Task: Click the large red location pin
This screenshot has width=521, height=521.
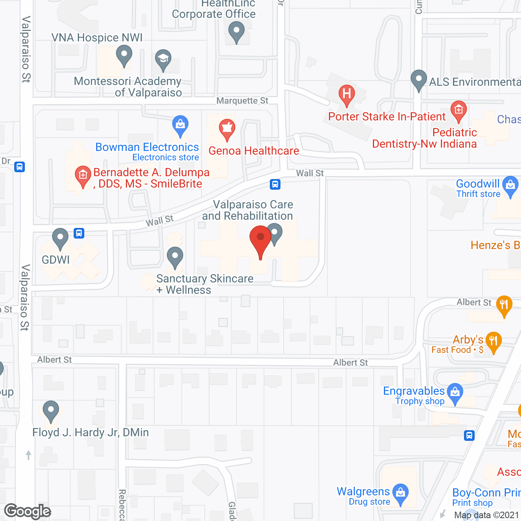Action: (x=260, y=240)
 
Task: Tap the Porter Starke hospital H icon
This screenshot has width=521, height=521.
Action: (x=347, y=94)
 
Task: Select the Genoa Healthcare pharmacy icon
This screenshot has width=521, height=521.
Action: (x=227, y=128)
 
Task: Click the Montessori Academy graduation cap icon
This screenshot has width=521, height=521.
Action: (x=163, y=59)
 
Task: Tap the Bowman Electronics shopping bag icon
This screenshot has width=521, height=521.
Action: (x=180, y=125)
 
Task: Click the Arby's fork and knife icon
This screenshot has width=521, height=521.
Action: (x=493, y=341)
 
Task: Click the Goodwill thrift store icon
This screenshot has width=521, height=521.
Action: (x=510, y=185)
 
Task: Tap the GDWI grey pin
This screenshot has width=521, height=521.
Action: (x=60, y=238)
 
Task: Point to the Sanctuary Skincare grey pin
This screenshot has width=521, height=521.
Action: (x=175, y=256)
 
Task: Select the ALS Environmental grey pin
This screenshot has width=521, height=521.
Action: (x=418, y=79)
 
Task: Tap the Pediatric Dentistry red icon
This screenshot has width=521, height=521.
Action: (x=459, y=110)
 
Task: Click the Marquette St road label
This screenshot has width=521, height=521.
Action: (x=242, y=101)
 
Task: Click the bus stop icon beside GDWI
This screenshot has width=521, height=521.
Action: (x=79, y=233)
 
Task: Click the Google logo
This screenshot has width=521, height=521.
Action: (x=28, y=511)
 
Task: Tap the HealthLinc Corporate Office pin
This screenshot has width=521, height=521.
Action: (x=236, y=31)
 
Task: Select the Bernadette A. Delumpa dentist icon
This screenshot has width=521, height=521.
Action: (x=83, y=176)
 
